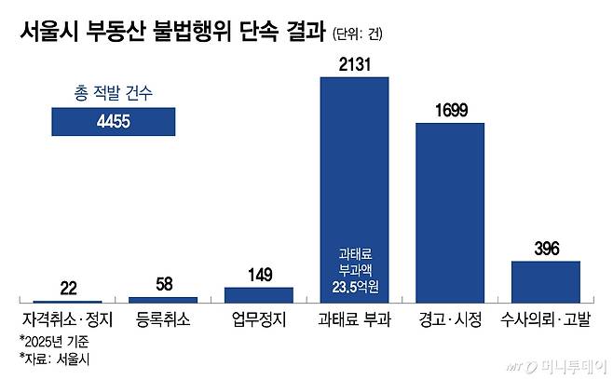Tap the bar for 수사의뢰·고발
pos(546,280)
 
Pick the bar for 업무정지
pos(259,293)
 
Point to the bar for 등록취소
pos(162,299)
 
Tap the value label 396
pos(546,248)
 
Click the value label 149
pos(259,274)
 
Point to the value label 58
pos(163,283)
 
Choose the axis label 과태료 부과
pos(354,319)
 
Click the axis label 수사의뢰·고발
pos(546,319)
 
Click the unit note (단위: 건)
pos(357,34)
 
